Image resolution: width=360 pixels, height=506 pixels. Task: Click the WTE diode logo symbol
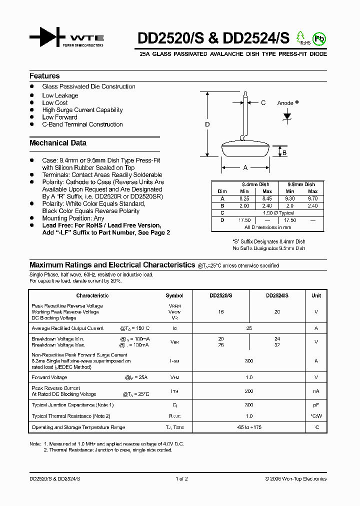(x=47, y=38)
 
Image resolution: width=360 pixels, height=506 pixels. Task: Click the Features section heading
(x=44, y=76)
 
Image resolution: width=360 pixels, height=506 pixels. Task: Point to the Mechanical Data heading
(x=58, y=143)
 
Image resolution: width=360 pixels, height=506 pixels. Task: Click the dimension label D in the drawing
(x=207, y=124)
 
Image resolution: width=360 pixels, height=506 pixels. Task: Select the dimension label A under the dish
(x=245, y=168)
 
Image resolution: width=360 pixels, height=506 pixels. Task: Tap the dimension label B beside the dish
(x=284, y=153)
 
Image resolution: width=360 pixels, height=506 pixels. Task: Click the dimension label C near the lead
(x=263, y=103)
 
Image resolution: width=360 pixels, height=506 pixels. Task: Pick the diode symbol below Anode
(x=287, y=116)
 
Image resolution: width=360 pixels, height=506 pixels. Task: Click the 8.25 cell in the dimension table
(x=244, y=198)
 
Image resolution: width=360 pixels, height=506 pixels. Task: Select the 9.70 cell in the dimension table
(x=312, y=198)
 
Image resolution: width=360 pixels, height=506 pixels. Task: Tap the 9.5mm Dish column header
(x=301, y=184)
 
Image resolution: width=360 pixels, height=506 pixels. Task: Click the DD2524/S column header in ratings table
(x=277, y=295)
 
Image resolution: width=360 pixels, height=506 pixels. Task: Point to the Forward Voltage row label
(x=49, y=377)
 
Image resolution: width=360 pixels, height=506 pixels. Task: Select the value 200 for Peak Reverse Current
(x=249, y=391)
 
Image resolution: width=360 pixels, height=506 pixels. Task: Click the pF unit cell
(x=316, y=405)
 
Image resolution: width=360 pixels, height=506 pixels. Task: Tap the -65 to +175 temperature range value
(x=249, y=427)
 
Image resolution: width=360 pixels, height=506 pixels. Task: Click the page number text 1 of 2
(x=181, y=479)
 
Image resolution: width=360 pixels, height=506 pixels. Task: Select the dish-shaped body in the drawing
(x=245, y=150)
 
